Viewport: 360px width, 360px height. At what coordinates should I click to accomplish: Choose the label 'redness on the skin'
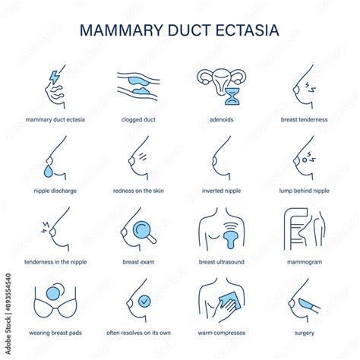(x=138, y=191)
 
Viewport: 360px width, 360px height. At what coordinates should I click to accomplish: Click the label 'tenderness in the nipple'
(x=55, y=262)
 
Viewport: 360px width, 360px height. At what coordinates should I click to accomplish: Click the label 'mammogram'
(x=304, y=262)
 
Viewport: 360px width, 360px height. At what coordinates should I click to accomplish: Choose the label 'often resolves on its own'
(x=138, y=333)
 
